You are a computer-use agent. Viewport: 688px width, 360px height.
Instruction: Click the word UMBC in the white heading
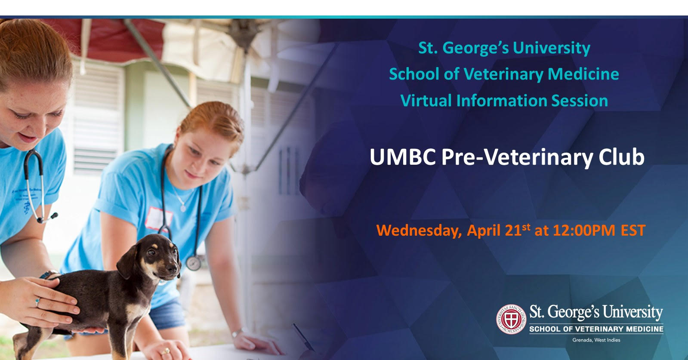(x=403, y=157)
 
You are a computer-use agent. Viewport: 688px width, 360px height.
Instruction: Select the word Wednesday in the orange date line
(x=419, y=231)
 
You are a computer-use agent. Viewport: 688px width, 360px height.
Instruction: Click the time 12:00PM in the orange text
(x=584, y=231)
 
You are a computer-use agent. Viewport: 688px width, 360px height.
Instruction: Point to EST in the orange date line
(x=633, y=231)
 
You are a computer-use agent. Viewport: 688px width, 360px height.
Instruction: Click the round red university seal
(x=511, y=319)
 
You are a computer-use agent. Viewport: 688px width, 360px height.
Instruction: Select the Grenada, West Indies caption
(x=596, y=340)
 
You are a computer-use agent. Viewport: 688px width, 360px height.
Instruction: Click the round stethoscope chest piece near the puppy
(x=194, y=263)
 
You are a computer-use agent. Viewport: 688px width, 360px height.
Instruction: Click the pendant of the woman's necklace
(x=183, y=208)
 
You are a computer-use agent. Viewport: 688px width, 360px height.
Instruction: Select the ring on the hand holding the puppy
(x=37, y=302)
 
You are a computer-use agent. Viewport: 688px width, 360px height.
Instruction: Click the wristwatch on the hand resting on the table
(x=237, y=332)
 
